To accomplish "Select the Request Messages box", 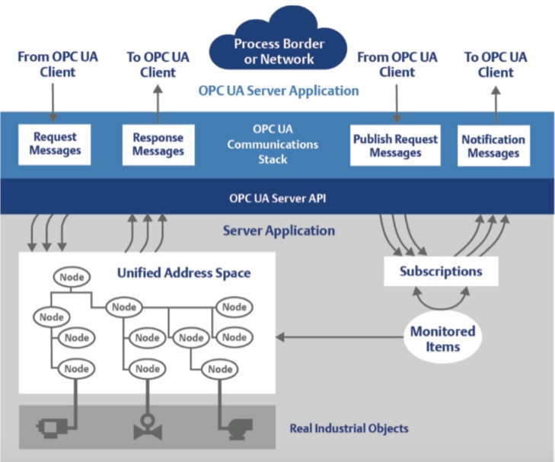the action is click(55, 145).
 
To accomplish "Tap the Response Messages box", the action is click(158, 145).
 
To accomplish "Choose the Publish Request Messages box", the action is click(395, 145).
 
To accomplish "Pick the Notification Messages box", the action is click(494, 145).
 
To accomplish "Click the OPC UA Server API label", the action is click(277, 198).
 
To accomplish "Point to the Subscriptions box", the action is click(441, 271).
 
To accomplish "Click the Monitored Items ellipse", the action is click(442, 338).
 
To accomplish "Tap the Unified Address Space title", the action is click(184, 272).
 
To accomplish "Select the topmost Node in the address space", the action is click(72, 276).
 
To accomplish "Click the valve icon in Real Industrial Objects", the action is click(148, 427).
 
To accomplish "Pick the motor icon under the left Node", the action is click(53, 427).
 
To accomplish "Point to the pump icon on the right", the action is click(239, 429).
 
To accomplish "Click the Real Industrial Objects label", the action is click(349, 429).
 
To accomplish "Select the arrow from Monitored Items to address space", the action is click(340, 337).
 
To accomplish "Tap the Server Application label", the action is click(279, 231).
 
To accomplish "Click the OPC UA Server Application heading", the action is click(279, 91).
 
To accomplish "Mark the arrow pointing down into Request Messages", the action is click(53, 103).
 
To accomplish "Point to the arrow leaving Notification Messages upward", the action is click(496, 106).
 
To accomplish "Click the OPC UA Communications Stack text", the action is click(273, 145).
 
